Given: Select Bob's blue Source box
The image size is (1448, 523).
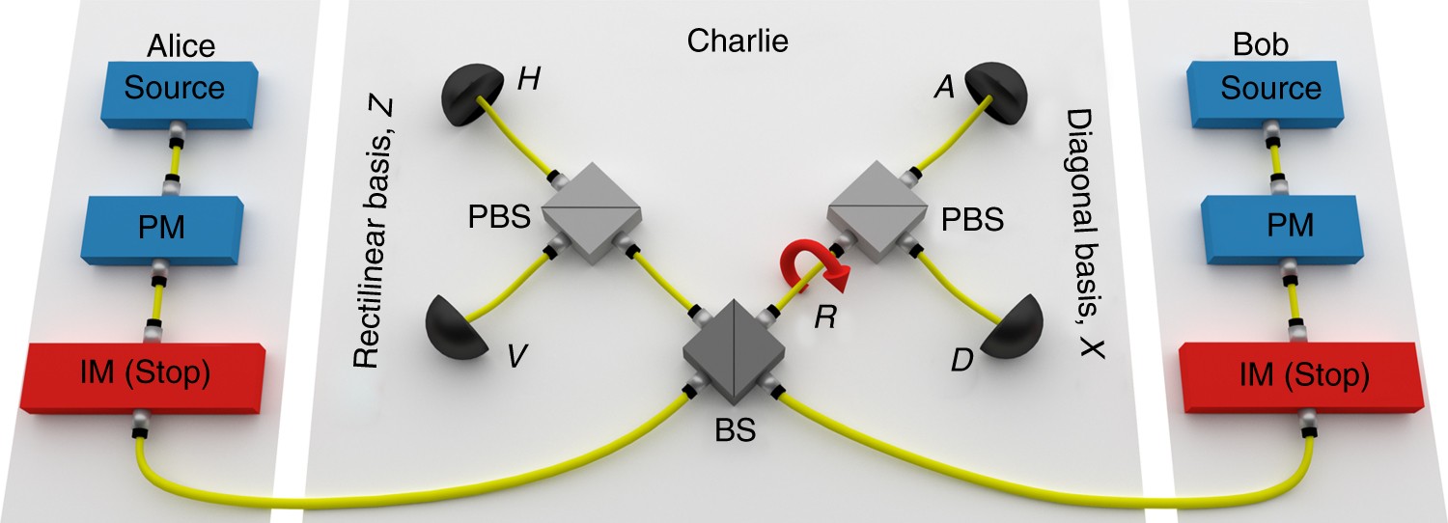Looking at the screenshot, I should [x=1269, y=90].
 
